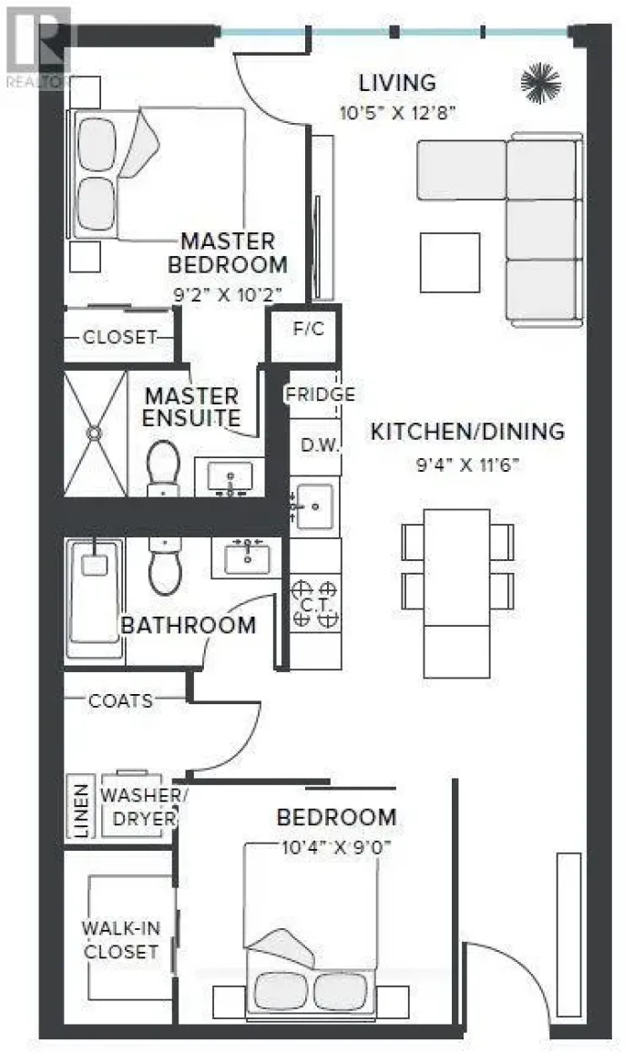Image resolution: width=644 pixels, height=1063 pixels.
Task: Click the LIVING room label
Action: point(396,83)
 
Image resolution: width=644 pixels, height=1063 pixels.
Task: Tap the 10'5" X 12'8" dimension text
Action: point(396,113)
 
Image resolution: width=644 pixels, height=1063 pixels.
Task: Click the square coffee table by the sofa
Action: point(449,262)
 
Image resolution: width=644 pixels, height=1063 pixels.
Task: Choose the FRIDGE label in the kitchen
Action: point(319,394)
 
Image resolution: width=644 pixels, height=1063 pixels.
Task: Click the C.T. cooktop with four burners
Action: point(315,603)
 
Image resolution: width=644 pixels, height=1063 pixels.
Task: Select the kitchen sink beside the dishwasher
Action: point(315,501)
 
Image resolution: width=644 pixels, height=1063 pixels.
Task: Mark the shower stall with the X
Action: point(95,433)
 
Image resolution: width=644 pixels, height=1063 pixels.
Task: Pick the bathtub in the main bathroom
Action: point(94,597)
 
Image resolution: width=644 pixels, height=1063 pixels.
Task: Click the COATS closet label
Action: point(120,700)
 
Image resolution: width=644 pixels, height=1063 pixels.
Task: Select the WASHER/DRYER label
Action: point(143,806)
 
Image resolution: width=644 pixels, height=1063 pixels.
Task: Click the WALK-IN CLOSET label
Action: point(120,940)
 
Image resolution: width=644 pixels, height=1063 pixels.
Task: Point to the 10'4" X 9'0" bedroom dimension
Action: point(336,845)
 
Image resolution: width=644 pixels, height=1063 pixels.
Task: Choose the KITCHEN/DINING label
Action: point(466,431)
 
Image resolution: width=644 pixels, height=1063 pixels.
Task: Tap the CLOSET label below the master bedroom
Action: point(120,336)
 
